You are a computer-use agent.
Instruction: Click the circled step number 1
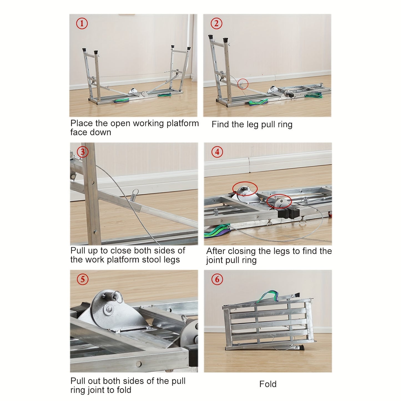tap(82, 23)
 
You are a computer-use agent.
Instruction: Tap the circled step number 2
tap(216, 23)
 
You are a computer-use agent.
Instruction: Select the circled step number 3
tap(83, 152)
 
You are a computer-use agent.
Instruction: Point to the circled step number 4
tap(217, 152)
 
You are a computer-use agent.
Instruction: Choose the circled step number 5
tap(83, 279)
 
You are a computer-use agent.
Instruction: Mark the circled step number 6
tap(217, 279)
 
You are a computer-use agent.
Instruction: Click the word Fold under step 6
tap(268, 384)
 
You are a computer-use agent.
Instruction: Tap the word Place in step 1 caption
tap(82, 123)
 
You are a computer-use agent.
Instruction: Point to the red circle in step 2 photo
tap(243, 84)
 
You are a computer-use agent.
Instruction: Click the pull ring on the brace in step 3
tap(135, 192)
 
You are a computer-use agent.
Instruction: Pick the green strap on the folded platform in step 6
tap(268, 297)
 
